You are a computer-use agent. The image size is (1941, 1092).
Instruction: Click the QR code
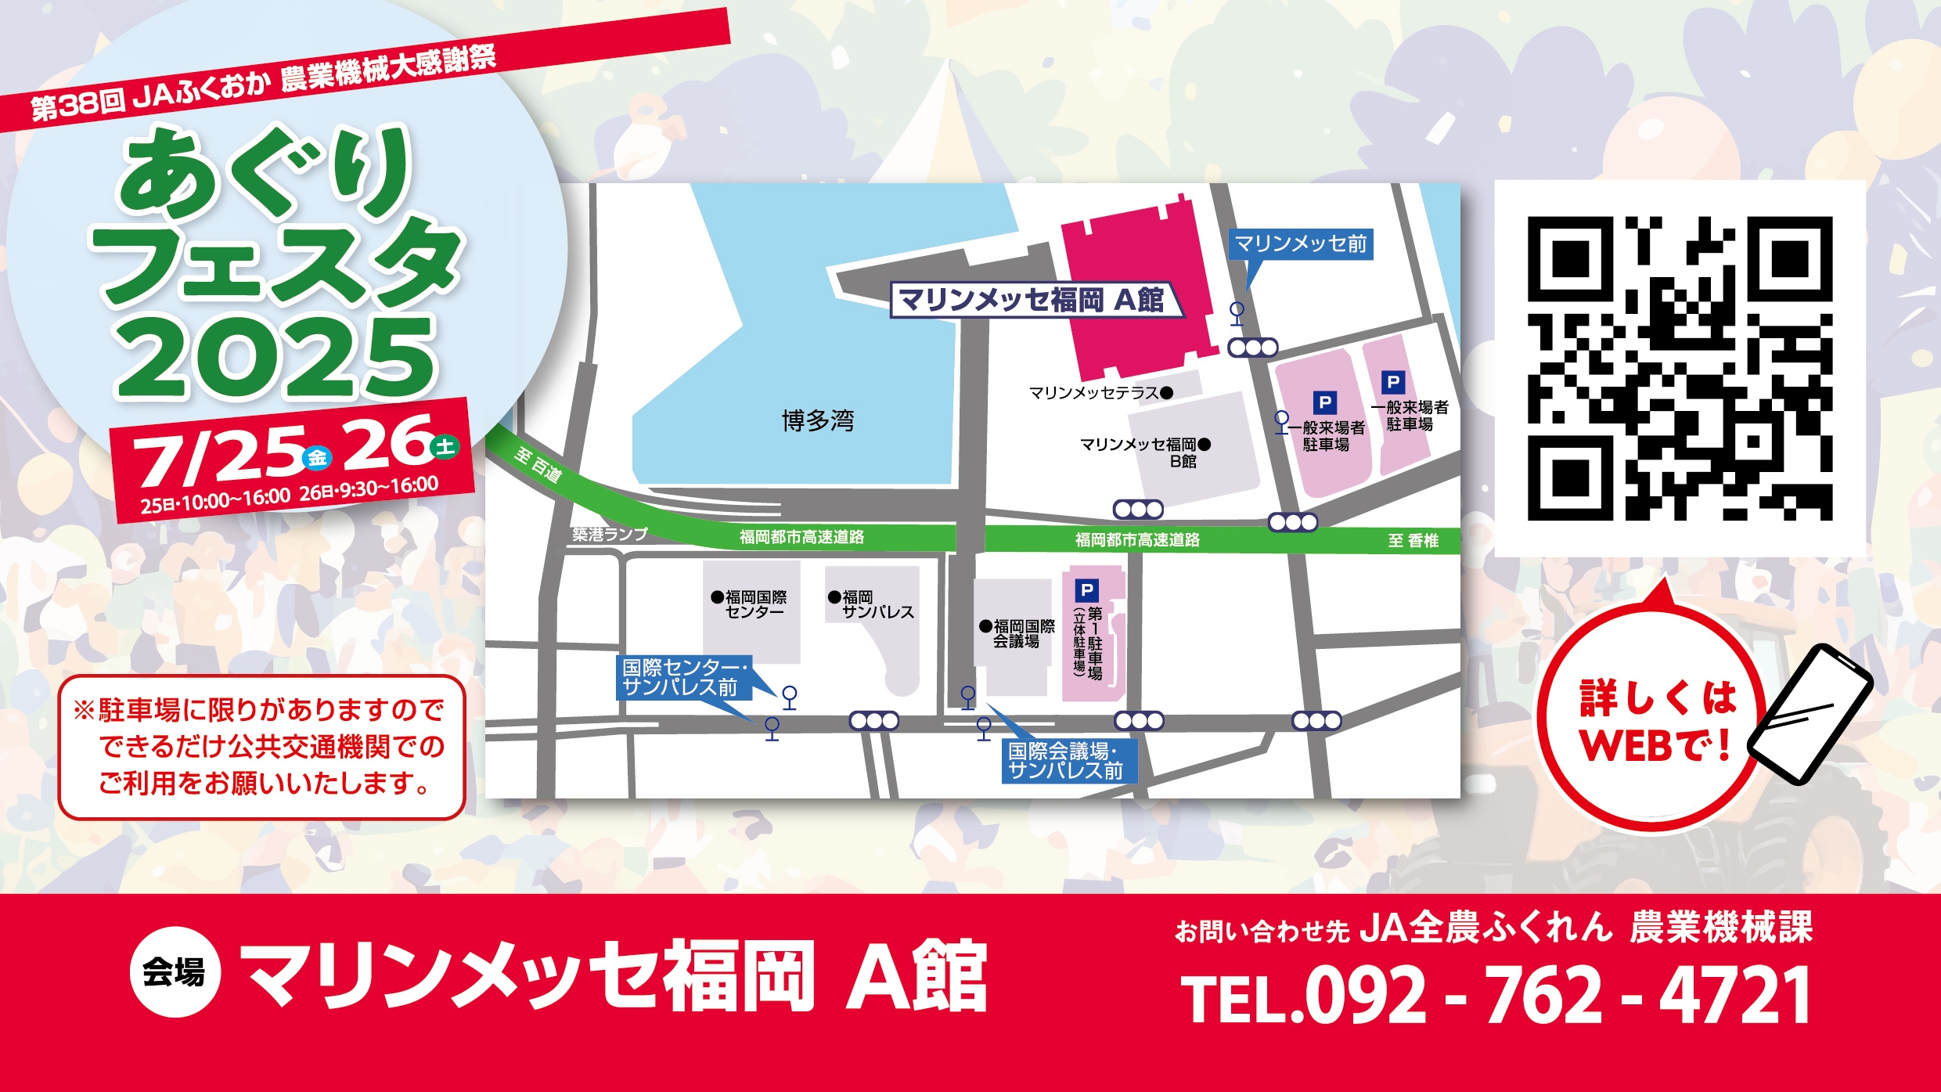coord(1680,368)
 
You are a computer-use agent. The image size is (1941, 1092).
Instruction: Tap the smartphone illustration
coord(1810,714)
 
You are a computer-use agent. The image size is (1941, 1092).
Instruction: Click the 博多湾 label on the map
coord(818,421)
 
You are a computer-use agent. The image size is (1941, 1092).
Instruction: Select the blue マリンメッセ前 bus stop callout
coord(1301,244)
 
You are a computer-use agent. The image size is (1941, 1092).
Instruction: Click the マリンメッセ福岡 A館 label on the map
coord(1032,300)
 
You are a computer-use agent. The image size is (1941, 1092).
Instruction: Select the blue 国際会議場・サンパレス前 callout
coord(1066,761)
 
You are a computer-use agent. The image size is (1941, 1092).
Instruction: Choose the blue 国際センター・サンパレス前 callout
coord(683,677)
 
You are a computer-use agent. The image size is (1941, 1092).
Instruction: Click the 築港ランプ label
coord(610,535)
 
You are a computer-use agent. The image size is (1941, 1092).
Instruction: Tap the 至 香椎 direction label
coord(1413,541)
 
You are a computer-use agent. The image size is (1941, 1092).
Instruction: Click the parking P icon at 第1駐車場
coord(1086,590)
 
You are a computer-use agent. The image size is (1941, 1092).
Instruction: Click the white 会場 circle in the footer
coord(175,973)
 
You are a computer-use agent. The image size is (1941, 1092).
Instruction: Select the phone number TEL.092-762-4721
coord(1496,994)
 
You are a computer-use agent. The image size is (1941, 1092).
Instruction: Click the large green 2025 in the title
coord(275,358)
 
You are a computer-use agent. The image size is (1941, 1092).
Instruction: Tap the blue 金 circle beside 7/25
coord(317,457)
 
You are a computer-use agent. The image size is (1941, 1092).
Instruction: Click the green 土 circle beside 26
coord(445,447)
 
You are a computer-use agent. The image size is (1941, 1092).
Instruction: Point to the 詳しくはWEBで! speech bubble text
coord(1656,720)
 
